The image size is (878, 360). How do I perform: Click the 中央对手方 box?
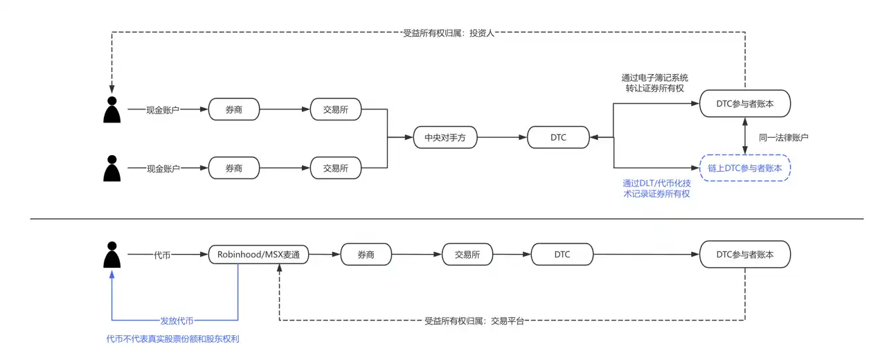[x=445, y=137]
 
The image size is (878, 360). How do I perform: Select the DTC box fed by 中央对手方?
[x=558, y=137]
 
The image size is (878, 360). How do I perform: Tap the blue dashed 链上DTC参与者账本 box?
[x=745, y=168]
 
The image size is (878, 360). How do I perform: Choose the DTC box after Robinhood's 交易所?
[x=562, y=254]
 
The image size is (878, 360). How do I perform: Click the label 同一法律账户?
[x=784, y=137]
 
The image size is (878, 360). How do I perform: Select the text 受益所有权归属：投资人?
[x=449, y=32]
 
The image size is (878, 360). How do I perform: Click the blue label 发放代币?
[x=177, y=321]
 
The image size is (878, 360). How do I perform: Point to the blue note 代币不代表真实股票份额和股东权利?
[x=177, y=339]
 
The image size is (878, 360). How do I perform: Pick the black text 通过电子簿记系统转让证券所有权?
[x=655, y=83]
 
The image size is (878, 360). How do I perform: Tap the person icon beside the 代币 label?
[x=111, y=255]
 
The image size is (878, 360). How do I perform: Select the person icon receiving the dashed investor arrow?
[x=111, y=109]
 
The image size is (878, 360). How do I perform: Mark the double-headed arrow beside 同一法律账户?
[x=745, y=136]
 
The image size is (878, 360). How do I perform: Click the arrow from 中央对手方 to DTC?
[x=502, y=137]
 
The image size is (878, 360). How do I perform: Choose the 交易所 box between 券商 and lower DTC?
[x=467, y=254]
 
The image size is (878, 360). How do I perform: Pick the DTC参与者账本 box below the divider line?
[x=745, y=254]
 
